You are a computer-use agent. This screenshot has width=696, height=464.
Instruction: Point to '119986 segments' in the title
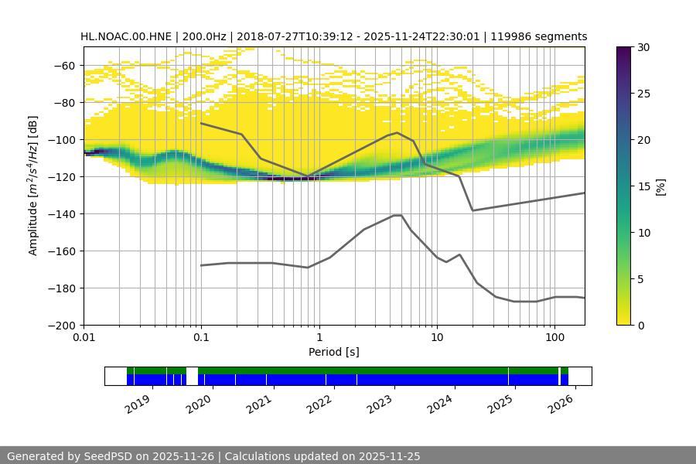[x=540, y=36]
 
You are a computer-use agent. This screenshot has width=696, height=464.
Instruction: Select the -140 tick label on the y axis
[x=60, y=214]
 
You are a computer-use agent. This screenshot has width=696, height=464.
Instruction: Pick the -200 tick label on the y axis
[x=60, y=326]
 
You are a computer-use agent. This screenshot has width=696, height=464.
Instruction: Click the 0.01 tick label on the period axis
[x=84, y=338]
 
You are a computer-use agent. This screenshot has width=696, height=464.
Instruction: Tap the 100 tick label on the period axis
[x=554, y=338]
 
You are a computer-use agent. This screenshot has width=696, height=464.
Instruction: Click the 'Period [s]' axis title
[x=334, y=353]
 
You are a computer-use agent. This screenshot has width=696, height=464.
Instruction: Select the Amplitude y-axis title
[x=33, y=186]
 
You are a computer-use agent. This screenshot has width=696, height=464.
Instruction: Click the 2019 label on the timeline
[x=138, y=403]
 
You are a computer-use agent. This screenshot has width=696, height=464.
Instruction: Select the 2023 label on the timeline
[x=380, y=403]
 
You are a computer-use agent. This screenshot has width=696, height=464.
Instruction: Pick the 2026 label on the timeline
[x=561, y=403]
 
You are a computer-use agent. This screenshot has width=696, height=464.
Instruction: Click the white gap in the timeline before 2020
[x=192, y=376]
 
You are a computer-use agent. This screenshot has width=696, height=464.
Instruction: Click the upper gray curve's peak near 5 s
[x=397, y=132]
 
